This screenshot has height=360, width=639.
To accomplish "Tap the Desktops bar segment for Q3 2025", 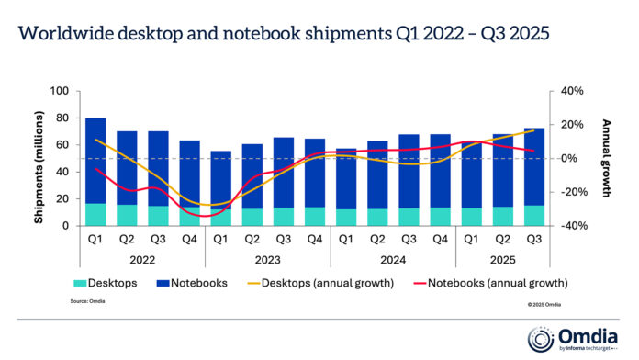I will click(532, 215).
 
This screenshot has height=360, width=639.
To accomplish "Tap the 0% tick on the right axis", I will click(569, 158).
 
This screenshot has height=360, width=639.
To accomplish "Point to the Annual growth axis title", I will click(607, 158).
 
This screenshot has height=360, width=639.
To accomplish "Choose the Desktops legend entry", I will click(110, 282).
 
